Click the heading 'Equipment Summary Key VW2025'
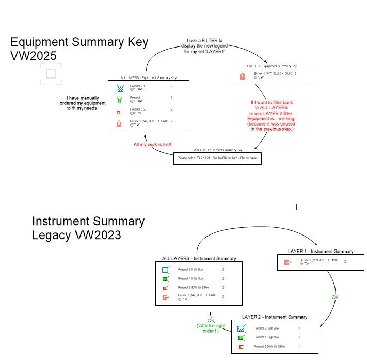click(79, 49)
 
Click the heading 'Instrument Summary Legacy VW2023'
click(88, 228)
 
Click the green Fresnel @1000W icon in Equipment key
click(120, 99)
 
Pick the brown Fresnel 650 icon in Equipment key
click(120, 111)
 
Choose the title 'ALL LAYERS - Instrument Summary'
click(199, 258)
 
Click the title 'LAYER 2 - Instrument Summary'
click(275, 317)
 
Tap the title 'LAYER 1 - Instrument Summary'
click(321, 251)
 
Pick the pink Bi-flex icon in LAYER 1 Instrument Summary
click(288, 262)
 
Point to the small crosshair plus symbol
click(296, 207)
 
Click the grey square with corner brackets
click(51, 74)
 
